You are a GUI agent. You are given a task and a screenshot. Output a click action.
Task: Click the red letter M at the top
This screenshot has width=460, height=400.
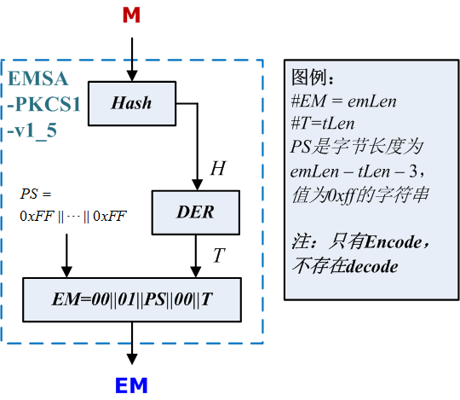[131, 14]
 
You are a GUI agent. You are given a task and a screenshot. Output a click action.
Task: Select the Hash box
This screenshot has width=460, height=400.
[131, 103]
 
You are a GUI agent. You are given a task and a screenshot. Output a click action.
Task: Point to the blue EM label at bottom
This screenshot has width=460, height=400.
[132, 386]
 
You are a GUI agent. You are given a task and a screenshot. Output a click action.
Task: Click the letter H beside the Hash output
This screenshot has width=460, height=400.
[218, 168]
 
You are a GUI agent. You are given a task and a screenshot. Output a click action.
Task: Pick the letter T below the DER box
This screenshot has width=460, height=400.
[218, 255]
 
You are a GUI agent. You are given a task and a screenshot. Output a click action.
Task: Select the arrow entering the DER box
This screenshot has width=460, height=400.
[197, 162]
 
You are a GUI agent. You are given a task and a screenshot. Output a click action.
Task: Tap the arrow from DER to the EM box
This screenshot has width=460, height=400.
[197, 256]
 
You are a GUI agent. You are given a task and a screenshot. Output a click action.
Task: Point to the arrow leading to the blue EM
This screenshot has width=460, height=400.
[132, 347]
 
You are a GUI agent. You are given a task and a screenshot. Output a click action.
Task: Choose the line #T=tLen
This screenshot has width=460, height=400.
[327, 124]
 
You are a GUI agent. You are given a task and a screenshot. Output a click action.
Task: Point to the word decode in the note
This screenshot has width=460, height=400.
[367, 266]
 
